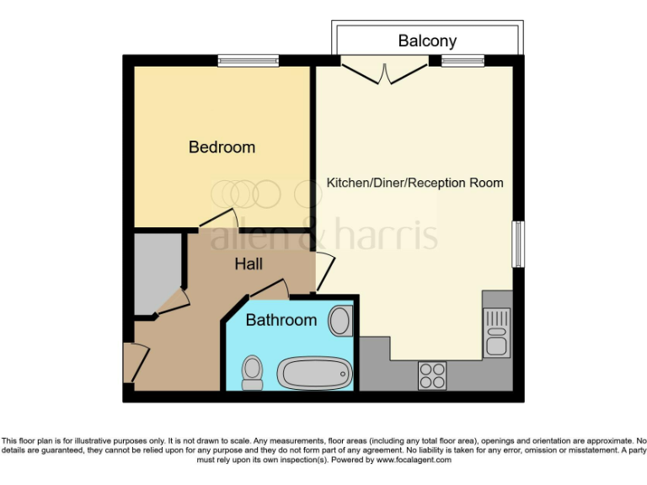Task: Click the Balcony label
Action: click(427, 40)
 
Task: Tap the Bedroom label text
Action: click(222, 147)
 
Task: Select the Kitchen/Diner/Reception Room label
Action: click(414, 183)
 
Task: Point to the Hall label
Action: click(248, 264)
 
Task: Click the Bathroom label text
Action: click(281, 320)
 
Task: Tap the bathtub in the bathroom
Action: click(315, 373)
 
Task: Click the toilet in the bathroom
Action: click(251, 371)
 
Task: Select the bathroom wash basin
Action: click(340, 321)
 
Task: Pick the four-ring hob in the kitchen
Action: click(432, 376)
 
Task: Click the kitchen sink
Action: click(495, 333)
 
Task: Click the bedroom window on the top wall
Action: click(248, 60)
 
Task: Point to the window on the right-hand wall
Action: click(518, 244)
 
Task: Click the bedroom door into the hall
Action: click(217, 220)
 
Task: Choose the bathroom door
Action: click(270, 290)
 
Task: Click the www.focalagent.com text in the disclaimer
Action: click(414, 460)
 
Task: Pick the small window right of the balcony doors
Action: click(463, 60)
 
